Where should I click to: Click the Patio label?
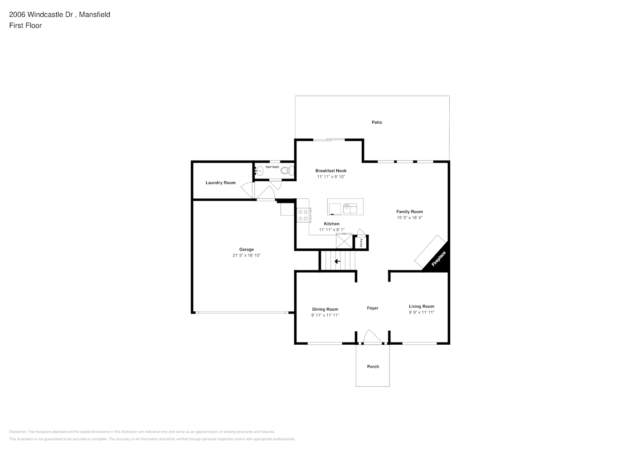pyautogui.click(x=377, y=122)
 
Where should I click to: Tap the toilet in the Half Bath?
pyautogui.click(x=287, y=171)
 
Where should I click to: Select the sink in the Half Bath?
pyautogui.click(x=259, y=171)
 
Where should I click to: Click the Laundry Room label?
pyautogui.click(x=220, y=183)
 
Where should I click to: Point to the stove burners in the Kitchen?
pyautogui.click(x=303, y=215)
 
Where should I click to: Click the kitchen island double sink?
pyautogui.click(x=350, y=208)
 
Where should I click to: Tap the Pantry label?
pyautogui.click(x=361, y=242)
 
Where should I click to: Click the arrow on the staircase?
pyautogui.click(x=337, y=261)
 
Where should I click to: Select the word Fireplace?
pyautogui.click(x=438, y=259)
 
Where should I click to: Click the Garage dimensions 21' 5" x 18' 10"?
pyautogui.click(x=247, y=255)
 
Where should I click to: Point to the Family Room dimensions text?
pyautogui.click(x=409, y=217)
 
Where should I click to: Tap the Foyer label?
pyautogui.click(x=373, y=308)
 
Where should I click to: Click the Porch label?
pyautogui.click(x=373, y=366)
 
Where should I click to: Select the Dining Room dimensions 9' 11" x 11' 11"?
pyautogui.click(x=325, y=315)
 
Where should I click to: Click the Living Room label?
pyautogui.click(x=422, y=306)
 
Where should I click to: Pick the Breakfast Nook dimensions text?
pyautogui.click(x=331, y=177)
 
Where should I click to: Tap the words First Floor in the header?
pyautogui.click(x=25, y=25)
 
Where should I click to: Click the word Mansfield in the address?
pyautogui.click(x=94, y=14)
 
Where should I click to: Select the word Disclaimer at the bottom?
pyautogui.click(x=18, y=432)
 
